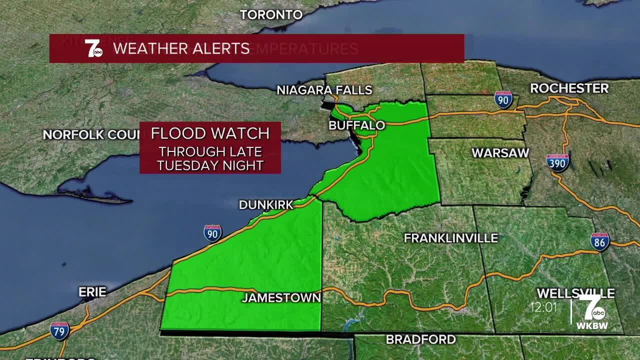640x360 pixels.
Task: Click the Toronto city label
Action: (271, 14)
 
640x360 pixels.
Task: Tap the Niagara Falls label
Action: (324, 90)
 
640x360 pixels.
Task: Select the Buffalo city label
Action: (356, 125)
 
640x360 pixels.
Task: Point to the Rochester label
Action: (569, 88)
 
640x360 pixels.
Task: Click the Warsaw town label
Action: (500, 153)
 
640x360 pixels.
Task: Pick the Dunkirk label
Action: (265, 204)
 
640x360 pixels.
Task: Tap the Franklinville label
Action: (450, 238)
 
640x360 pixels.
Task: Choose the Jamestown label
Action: (281, 298)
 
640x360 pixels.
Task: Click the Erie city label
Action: (92, 292)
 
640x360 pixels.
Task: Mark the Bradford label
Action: (420, 339)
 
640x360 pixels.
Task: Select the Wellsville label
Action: (575, 293)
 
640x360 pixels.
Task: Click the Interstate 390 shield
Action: (557, 163)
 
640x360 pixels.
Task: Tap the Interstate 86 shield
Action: (599, 242)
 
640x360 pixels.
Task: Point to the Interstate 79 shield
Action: (59, 330)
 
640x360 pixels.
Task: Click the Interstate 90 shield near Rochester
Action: (503, 100)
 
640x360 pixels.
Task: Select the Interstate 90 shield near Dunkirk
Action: (212, 233)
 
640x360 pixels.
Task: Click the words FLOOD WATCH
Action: (210, 133)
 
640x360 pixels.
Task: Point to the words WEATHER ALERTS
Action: (181, 48)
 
